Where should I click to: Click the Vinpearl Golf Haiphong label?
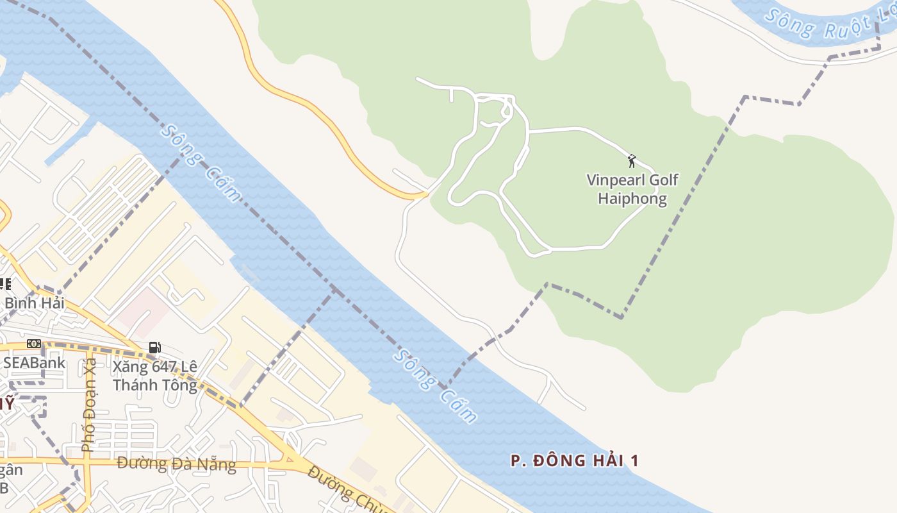point(632,189)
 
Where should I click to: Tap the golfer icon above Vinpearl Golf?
point(632,160)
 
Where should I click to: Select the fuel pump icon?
point(154,348)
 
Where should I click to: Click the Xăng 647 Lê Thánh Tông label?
point(155,376)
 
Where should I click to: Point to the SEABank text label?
point(34,362)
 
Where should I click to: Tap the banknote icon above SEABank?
point(34,344)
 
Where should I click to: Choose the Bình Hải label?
point(35,303)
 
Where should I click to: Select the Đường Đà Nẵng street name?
point(176,464)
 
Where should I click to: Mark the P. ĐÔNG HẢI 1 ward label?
point(575,460)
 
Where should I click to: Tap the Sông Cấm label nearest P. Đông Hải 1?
point(436,386)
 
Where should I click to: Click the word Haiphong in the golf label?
point(632,198)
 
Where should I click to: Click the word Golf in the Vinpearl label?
point(663,180)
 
